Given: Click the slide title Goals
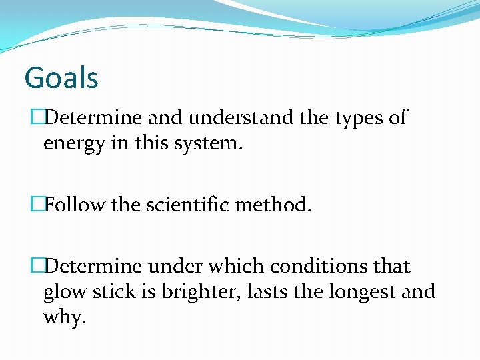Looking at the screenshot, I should click(x=61, y=77).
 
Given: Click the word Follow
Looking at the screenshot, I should click(x=75, y=204).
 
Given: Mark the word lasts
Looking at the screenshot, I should click(x=276, y=291).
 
